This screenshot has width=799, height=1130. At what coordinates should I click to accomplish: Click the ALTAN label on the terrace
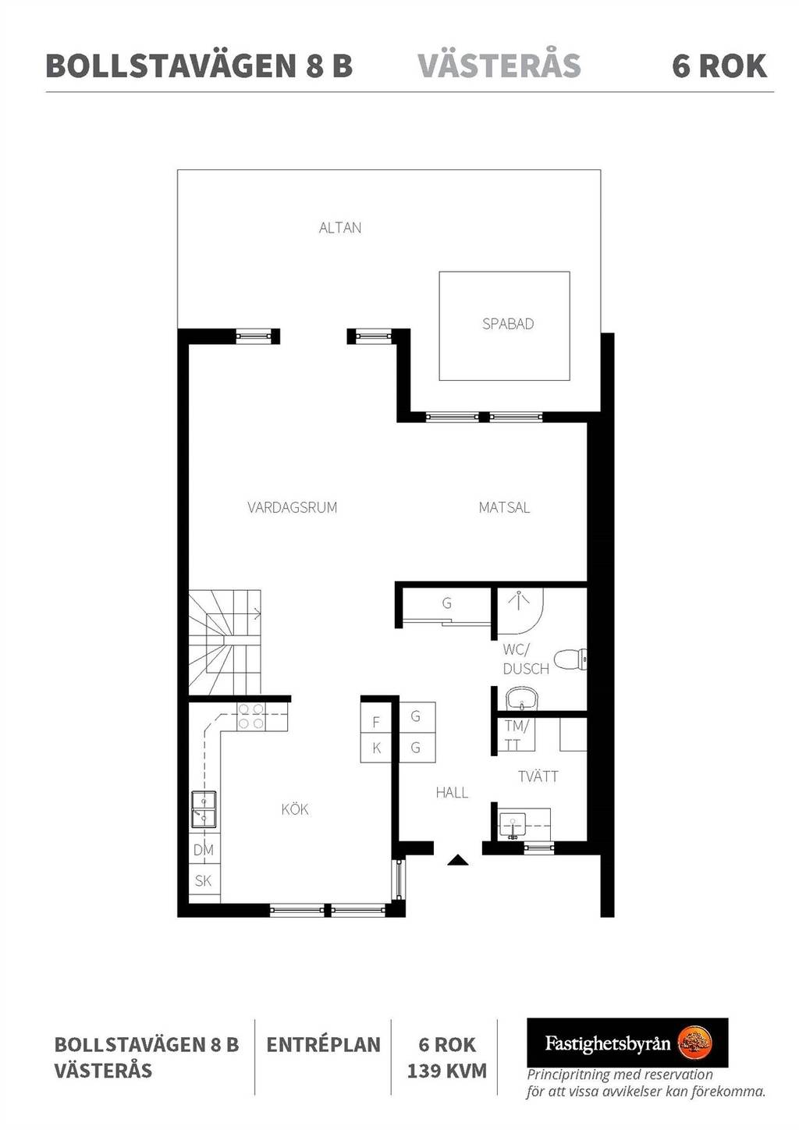click(x=340, y=228)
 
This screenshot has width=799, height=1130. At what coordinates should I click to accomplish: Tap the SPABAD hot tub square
click(x=504, y=326)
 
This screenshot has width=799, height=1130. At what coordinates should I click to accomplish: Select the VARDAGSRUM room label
click(x=292, y=507)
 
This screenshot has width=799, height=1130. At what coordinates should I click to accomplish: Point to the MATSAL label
click(x=504, y=507)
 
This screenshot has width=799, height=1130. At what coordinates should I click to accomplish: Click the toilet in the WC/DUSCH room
click(x=570, y=659)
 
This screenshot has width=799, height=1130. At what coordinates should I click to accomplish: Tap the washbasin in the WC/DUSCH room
click(x=523, y=698)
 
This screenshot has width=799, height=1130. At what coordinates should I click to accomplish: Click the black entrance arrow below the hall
click(x=457, y=860)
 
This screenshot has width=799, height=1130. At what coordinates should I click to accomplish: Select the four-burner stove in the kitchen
click(x=251, y=716)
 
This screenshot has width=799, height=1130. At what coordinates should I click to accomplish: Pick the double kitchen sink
click(x=204, y=810)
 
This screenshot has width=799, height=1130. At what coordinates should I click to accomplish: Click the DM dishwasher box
click(x=204, y=850)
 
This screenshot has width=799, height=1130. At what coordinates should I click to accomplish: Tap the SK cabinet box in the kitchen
click(x=204, y=880)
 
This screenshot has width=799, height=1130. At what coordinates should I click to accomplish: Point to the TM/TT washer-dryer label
click(x=517, y=735)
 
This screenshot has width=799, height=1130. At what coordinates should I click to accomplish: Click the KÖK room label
click(x=295, y=810)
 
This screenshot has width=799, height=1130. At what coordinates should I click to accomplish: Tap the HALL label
click(x=452, y=793)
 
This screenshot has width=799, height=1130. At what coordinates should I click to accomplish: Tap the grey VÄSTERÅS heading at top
click(x=499, y=65)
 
